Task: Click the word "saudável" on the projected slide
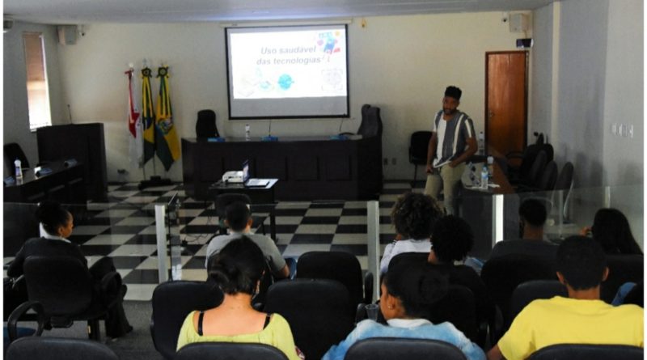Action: pyautogui.click(x=295, y=50)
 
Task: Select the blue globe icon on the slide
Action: pyautogui.click(x=285, y=82)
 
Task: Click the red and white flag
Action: pyautogui.click(x=133, y=112)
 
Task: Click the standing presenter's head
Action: pyautogui.click(x=452, y=100)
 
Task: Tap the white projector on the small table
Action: pyautogui.click(x=233, y=176)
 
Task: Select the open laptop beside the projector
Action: pyautogui.click(x=252, y=175)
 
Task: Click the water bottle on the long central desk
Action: pyautogui.click(x=247, y=132)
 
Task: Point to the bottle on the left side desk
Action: pyautogui.click(x=18, y=170)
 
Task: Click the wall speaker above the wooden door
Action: pyautogui.click(x=518, y=23)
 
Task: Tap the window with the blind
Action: pyautogui.click(x=37, y=81)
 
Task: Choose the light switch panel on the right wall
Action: pyautogui.click(x=622, y=130)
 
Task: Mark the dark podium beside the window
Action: pyautogui.click(x=72, y=159)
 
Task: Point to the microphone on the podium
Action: pyautogui.click(x=70, y=114)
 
